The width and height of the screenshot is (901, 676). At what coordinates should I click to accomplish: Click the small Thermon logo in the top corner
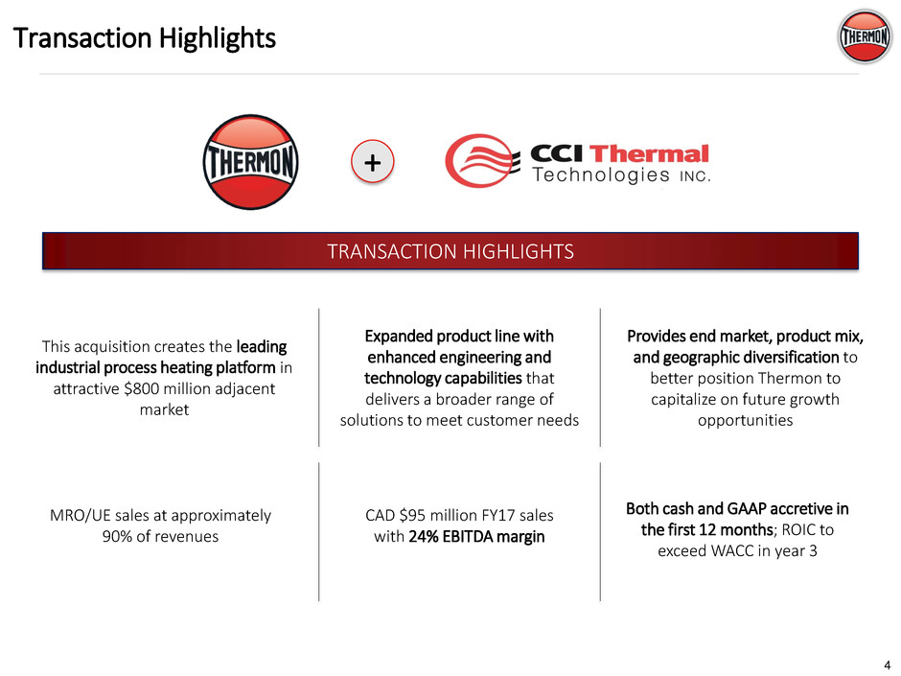point(865,36)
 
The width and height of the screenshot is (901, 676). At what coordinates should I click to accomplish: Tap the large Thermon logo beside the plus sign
point(250,161)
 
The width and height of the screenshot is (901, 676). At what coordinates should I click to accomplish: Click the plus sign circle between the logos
point(372,161)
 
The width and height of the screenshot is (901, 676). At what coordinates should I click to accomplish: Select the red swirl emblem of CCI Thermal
point(479,161)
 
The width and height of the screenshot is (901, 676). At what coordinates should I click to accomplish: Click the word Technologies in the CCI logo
point(601,175)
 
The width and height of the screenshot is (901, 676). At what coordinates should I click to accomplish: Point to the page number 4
point(887,664)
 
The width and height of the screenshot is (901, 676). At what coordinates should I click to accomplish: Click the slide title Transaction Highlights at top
point(144,38)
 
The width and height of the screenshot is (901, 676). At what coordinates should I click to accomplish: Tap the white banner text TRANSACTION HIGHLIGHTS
point(450,251)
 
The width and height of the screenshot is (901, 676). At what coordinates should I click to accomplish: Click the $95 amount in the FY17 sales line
point(412,515)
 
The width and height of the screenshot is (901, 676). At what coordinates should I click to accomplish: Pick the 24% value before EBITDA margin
point(424,536)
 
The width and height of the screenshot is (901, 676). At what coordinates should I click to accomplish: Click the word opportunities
point(746,420)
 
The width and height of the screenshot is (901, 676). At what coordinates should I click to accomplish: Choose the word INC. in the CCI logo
point(695,176)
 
